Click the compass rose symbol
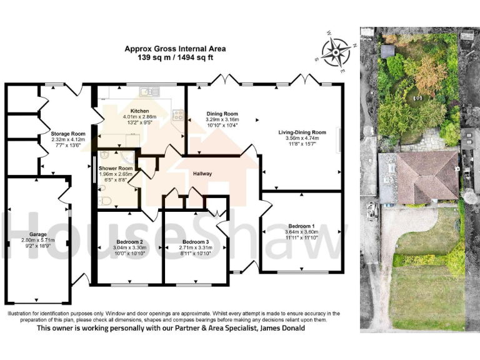[336, 51]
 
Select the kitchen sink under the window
[147, 92]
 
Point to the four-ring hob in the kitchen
[177, 115]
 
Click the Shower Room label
[116, 168]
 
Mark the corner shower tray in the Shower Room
[111, 156]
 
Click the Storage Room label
[68, 134]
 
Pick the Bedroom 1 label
[301, 226]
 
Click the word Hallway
[202, 174]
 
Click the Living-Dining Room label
[302, 132]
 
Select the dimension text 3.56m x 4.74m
[302, 139]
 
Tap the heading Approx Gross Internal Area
[175, 48]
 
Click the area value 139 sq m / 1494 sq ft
[175, 57]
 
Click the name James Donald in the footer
[282, 329]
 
